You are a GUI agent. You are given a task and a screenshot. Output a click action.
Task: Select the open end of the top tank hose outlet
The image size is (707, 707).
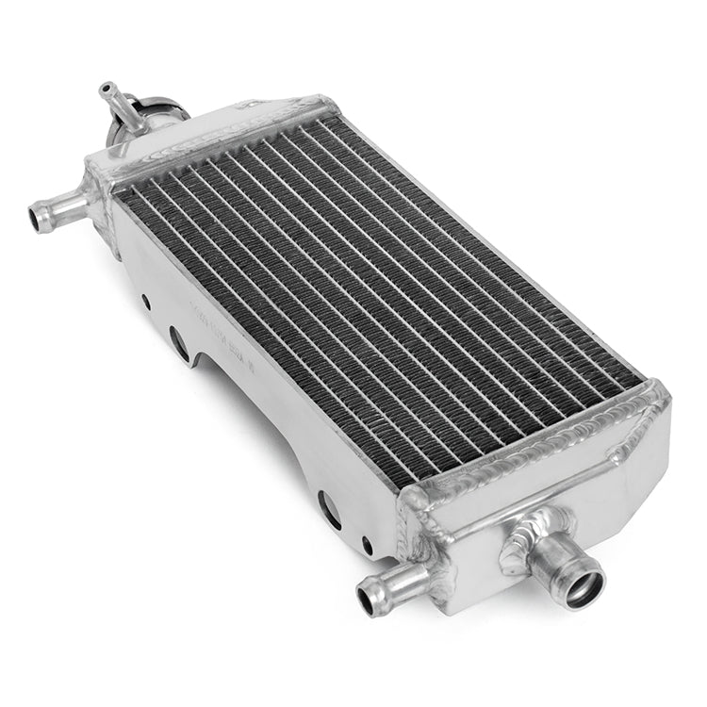point(39,219)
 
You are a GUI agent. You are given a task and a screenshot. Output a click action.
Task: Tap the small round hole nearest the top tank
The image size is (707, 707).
point(145,302)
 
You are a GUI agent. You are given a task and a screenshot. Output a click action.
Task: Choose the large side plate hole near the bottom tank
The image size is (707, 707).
point(329,510)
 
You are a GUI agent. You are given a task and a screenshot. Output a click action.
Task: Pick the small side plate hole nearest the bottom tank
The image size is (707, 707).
point(368,545)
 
